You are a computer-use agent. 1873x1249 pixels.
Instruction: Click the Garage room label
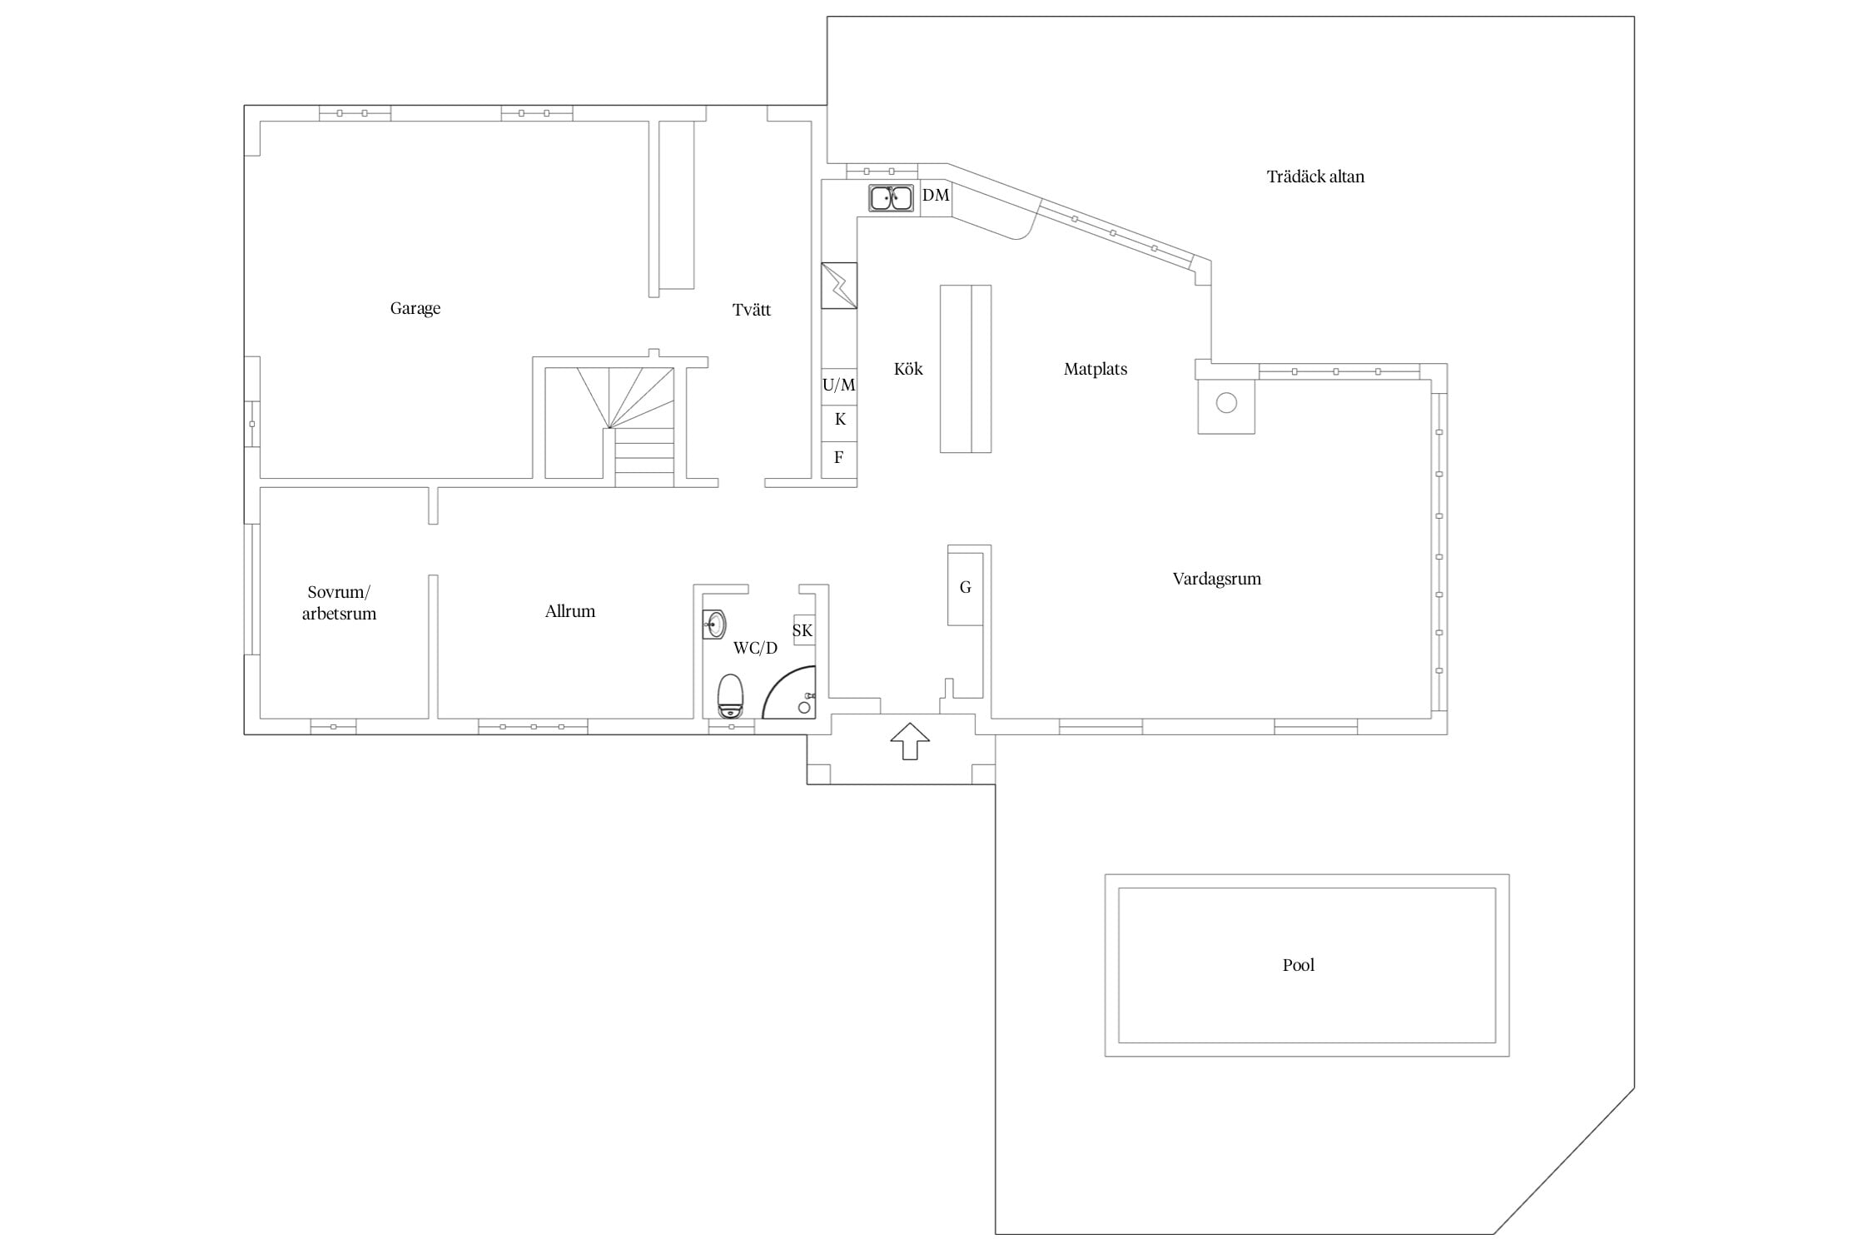(x=415, y=309)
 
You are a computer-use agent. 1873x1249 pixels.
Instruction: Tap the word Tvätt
(x=752, y=310)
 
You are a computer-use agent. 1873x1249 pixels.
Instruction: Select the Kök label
(x=908, y=369)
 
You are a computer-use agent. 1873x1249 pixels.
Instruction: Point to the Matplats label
(x=1095, y=369)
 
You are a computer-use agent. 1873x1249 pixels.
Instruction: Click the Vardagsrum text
(x=1217, y=579)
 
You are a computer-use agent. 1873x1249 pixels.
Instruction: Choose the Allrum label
(x=570, y=611)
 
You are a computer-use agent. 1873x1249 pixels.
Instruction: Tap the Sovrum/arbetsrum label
(x=339, y=603)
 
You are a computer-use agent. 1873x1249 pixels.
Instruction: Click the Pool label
(x=1299, y=965)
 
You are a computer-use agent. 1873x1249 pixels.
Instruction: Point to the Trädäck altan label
(x=1315, y=177)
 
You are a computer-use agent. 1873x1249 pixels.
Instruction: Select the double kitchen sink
(x=891, y=198)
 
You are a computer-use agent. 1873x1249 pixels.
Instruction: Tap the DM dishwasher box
(x=936, y=198)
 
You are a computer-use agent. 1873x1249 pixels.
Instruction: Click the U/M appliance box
(x=839, y=386)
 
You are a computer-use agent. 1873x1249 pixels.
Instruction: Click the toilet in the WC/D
(x=730, y=696)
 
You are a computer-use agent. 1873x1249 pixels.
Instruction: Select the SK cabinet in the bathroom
(x=803, y=630)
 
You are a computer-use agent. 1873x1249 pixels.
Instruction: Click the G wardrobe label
(x=966, y=588)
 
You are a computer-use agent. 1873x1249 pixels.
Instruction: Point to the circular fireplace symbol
(x=1226, y=403)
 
